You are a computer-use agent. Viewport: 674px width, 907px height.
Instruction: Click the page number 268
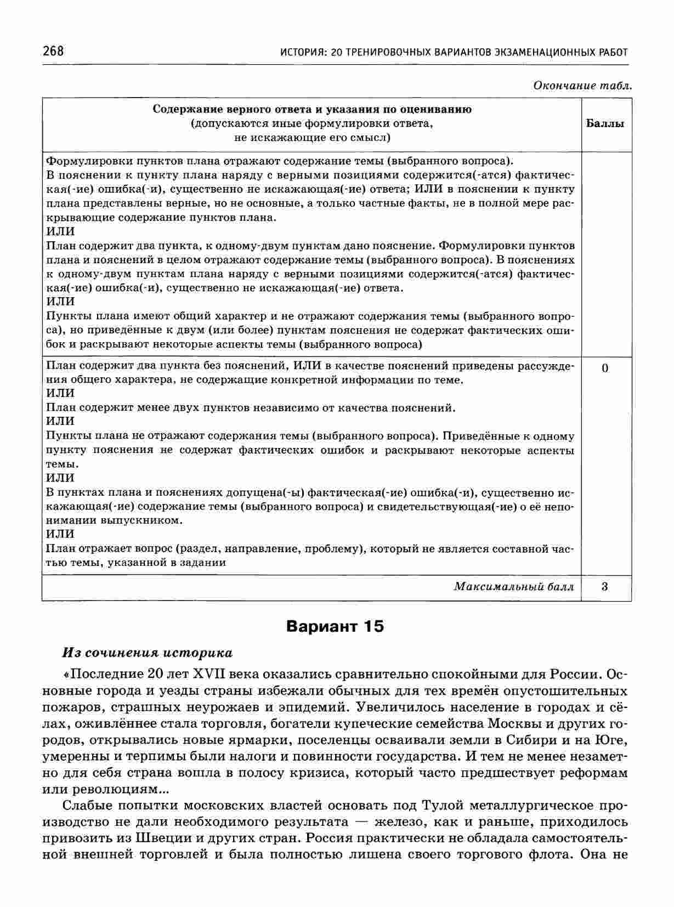pos(53,52)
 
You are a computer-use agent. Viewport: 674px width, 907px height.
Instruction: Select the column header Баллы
pos(605,123)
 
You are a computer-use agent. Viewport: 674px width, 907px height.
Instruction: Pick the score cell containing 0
pos(605,368)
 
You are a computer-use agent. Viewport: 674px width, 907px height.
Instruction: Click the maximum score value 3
pos(604,587)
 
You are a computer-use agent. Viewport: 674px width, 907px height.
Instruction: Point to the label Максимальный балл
pos(514,587)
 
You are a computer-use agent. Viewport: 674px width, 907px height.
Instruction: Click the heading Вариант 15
pos(335,626)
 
